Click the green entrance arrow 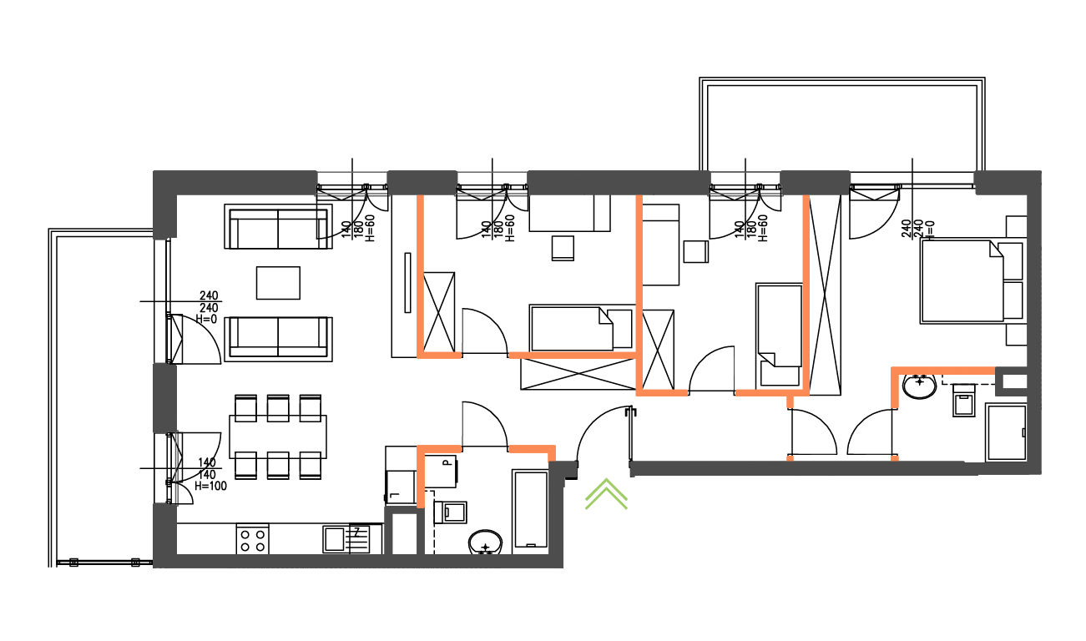tap(606, 494)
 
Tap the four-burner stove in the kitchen tap(253, 539)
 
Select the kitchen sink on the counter tap(346, 539)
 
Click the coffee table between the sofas tap(278, 283)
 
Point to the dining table tap(278, 436)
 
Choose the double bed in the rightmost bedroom tap(961, 281)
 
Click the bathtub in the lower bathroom tap(529, 509)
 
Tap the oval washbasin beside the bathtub tap(485, 543)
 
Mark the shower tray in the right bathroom tap(1006, 432)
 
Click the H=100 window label tap(210, 486)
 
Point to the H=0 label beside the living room tap(206, 319)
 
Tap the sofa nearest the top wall tap(278, 228)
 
